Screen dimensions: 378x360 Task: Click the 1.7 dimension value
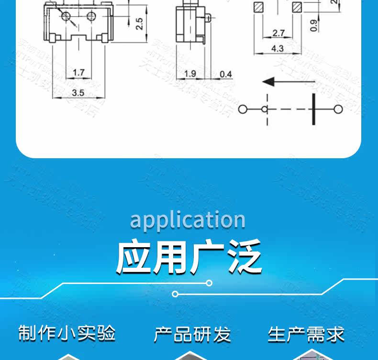[79, 73]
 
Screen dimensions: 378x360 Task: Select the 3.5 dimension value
[78, 92]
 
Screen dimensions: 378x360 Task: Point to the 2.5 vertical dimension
[139, 23]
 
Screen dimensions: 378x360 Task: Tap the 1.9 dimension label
[190, 74]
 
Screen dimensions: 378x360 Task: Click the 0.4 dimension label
[226, 74]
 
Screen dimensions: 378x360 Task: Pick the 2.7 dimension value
[278, 33]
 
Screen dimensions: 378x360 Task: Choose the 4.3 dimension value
[278, 48]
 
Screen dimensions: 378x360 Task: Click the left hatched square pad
[259, 7]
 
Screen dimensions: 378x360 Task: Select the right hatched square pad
[297, 7]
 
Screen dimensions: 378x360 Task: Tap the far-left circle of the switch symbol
[243, 109]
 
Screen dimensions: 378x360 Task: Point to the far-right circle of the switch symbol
[338, 109]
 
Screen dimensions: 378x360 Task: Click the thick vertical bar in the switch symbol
[314, 109]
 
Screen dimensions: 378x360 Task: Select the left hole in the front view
[66, 17]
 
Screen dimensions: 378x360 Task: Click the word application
[188, 220]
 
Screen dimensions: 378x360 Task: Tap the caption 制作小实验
[67, 333]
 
